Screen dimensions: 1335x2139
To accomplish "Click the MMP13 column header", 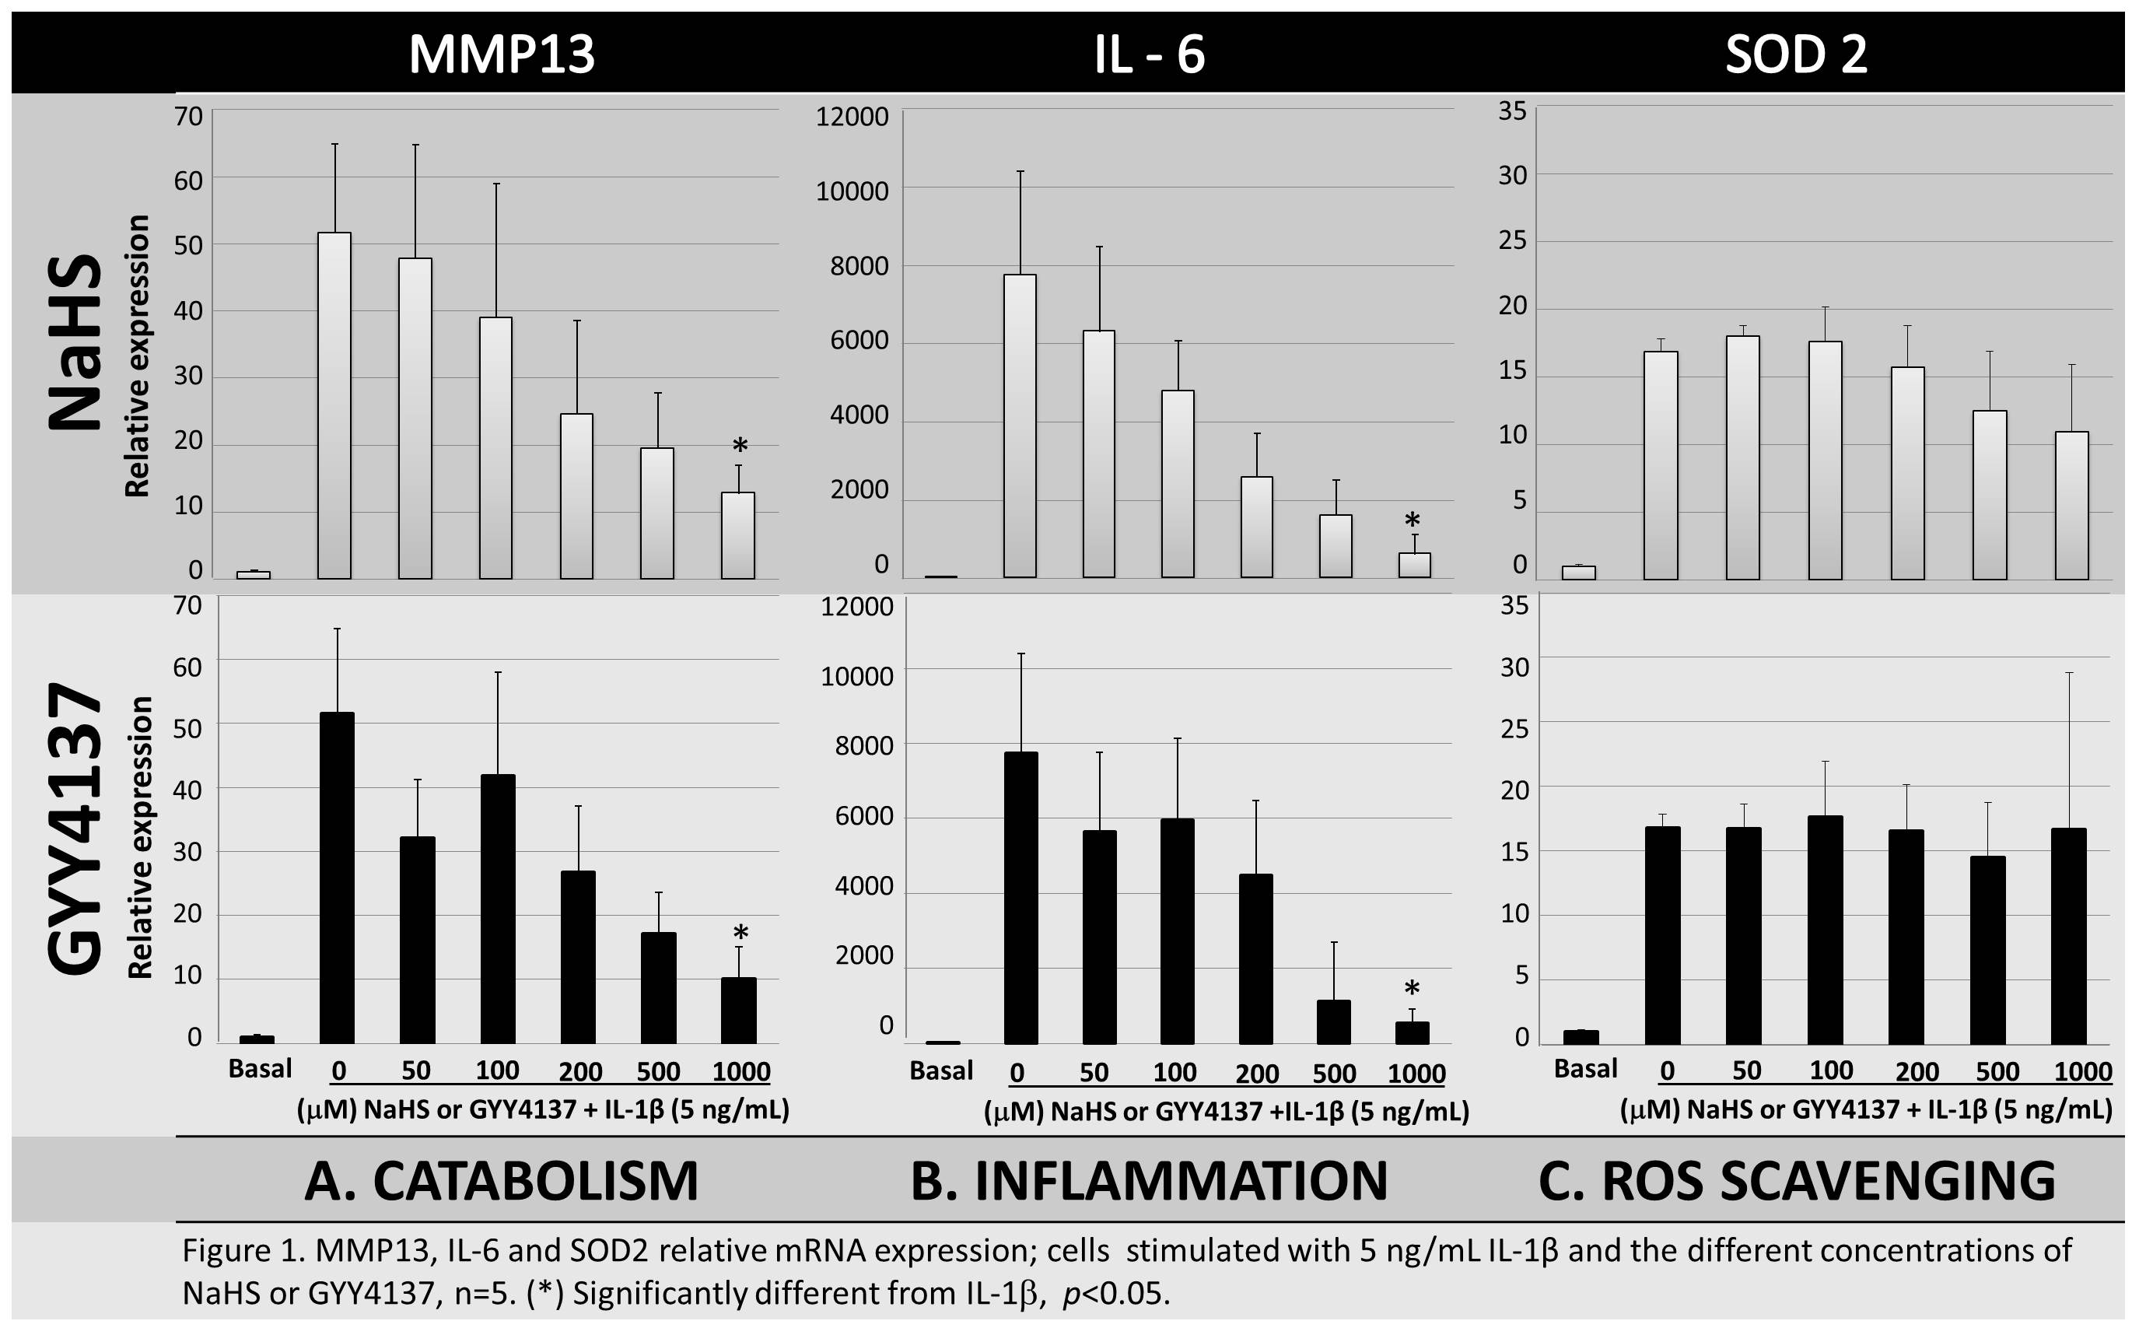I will point(502,54).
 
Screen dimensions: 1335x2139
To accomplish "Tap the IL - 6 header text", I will point(1149,54).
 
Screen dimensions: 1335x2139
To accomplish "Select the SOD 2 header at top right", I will point(1796,54).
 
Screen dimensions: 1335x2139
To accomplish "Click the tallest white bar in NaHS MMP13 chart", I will point(334,406).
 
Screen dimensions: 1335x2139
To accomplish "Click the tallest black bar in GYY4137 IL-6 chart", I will point(1020,897).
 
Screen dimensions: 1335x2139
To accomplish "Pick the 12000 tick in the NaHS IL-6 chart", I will point(852,117).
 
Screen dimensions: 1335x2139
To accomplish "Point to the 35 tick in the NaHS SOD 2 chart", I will point(1511,111).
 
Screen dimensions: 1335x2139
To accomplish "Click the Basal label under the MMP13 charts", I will point(260,1068).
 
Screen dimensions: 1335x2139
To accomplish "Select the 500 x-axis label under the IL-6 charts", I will point(1333,1074).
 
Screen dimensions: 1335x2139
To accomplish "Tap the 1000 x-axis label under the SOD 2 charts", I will point(2082,1072).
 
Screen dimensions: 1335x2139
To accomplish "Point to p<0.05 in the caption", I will point(1116,1294).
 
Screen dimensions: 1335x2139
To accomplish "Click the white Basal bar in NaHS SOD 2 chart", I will point(1578,572).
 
